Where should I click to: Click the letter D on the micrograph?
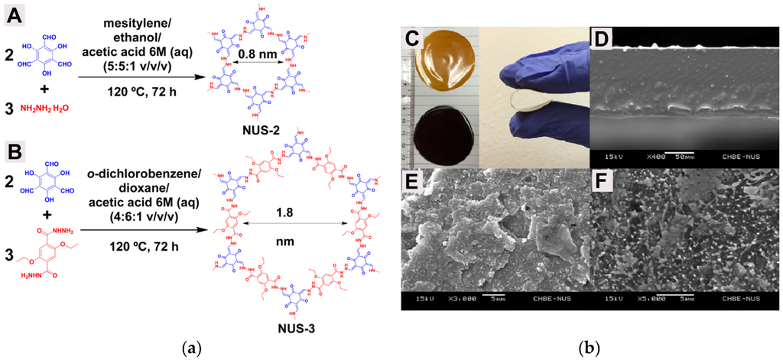[x=603, y=38]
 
